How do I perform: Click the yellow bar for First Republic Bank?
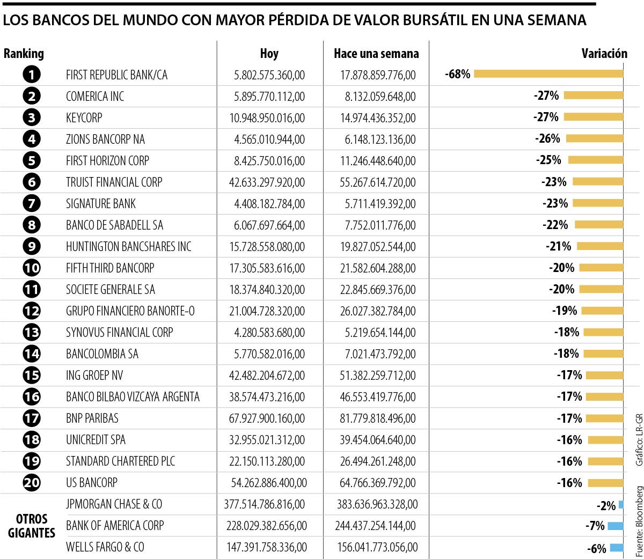pos(548,74)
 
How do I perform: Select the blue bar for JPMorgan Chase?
pos(621,504)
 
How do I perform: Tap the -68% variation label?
pos(458,74)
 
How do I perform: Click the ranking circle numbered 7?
pos(32,204)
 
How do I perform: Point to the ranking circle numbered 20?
pos(32,483)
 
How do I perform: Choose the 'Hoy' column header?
pos(269,54)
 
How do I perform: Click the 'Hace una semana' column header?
pos(376,54)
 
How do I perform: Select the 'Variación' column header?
pos(604,54)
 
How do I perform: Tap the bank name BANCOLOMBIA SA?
pos(102,354)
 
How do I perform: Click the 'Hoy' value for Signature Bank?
pos(269,204)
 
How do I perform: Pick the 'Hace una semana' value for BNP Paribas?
pos(378,418)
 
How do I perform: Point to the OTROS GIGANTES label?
pos(32,526)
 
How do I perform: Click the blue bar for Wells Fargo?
pos(617,547)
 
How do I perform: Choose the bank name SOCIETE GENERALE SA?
pos(111,290)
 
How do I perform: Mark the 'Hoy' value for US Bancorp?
pos(269,483)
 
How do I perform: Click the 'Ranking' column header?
pos(24,54)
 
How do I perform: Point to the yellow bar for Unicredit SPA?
pos(605,440)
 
